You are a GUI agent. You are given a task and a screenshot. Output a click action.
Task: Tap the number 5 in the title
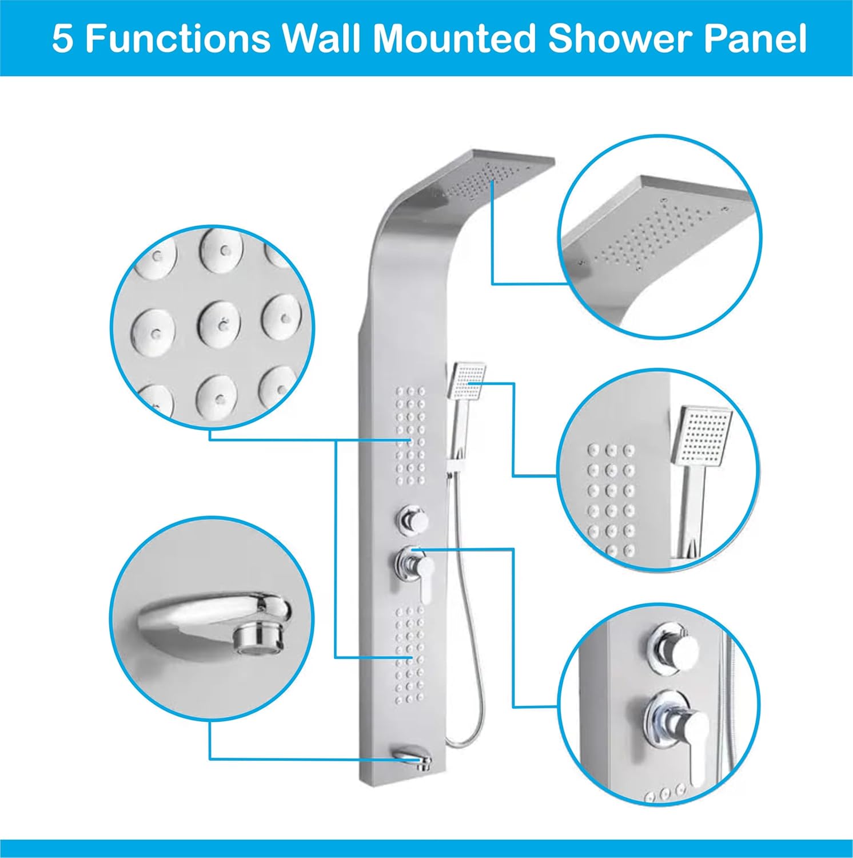(x=62, y=39)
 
